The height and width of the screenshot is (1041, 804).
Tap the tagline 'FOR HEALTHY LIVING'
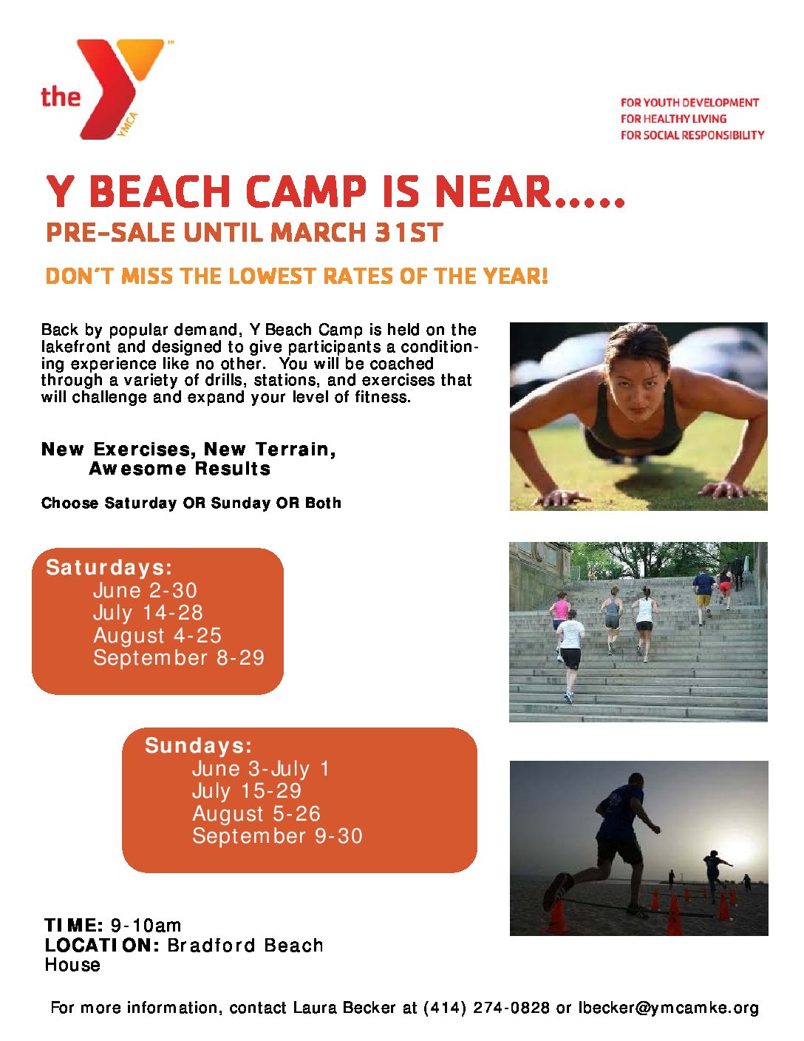(673, 119)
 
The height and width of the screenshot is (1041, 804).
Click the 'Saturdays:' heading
(109, 567)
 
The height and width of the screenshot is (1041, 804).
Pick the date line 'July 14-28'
(148, 613)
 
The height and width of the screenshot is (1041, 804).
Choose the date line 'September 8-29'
(179, 658)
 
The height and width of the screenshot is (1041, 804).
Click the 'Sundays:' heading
(198, 745)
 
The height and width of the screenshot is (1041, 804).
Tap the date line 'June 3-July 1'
(261, 769)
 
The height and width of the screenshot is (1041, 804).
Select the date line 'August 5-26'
(256, 813)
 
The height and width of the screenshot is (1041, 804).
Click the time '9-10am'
(146, 926)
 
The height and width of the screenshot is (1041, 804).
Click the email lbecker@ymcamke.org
(669, 1008)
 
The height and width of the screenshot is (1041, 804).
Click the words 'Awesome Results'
(180, 469)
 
